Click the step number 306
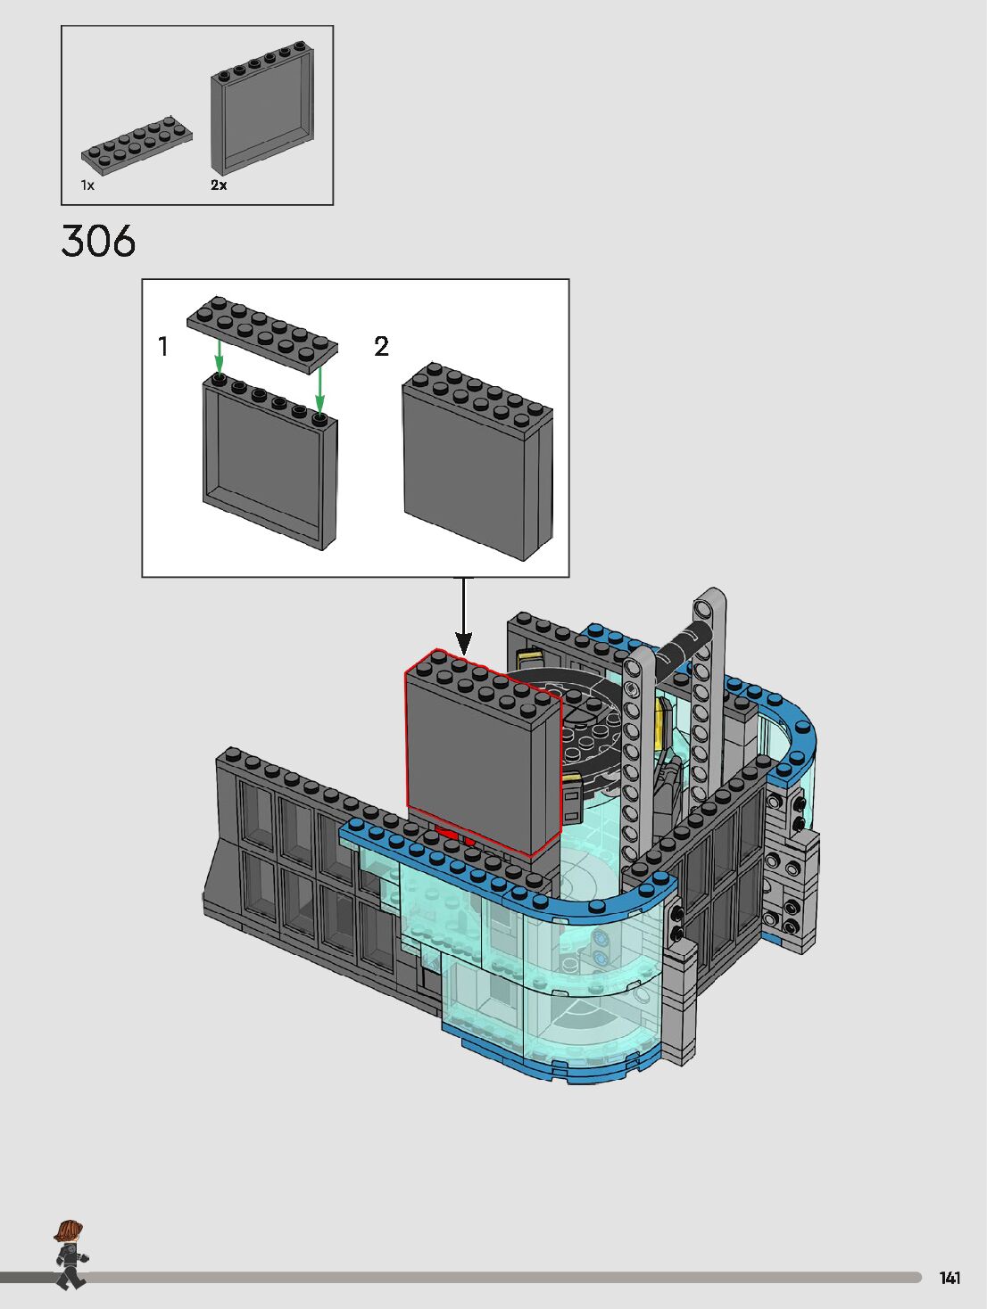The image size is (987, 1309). pyautogui.click(x=98, y=242)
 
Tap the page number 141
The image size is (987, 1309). pyautogui.click(x=950, y=1278)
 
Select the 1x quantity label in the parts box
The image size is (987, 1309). pyautogui.click(x=87, y=185)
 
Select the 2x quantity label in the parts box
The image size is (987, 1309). pyautogui.click(x=219, y=185)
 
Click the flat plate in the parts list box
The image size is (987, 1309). pyautogui.click(x=137, y=145)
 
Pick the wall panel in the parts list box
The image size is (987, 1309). pyautogui.click(x=262, y=108)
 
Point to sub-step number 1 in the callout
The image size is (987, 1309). pyautogui.click(x=163, y=347)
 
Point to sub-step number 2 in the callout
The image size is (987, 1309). pyautogui.click(x=381, y=347)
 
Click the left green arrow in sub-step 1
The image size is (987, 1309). pyautogui.click(x=219, y=357)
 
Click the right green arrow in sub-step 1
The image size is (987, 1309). pyautogui.click(x=319, y=390)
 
